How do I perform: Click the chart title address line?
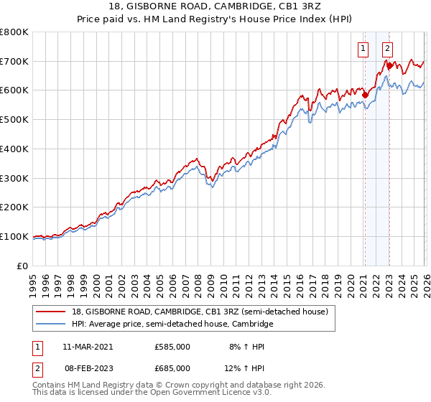[x=215, y=6]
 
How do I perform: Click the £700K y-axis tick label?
[x=14, y=61]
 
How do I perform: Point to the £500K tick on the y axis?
[x=14, y=120]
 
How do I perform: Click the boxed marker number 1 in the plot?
[x=363, y=49]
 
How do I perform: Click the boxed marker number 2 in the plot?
[x=387, y=49]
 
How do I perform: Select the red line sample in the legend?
[x=52, y=312]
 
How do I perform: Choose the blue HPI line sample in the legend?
[x=52, y=324]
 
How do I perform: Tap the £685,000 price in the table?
[x=172, y=368]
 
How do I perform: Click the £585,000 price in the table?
[x=172, y=346]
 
